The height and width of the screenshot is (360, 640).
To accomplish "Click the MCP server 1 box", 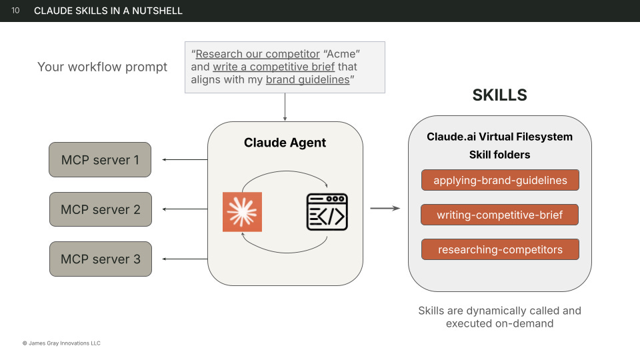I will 100,160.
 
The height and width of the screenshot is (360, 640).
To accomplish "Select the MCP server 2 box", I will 100,209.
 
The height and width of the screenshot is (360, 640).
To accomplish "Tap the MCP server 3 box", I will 100,259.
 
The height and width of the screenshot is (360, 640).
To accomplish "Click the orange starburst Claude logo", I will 242,212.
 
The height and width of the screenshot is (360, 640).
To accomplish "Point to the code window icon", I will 327,212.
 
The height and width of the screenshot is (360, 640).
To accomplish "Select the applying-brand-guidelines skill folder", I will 500,180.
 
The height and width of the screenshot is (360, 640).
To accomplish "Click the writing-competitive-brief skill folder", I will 500,215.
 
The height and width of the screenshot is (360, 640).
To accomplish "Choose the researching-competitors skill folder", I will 500,250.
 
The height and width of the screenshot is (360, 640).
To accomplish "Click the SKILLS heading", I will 499,95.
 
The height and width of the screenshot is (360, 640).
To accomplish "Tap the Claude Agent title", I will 285,143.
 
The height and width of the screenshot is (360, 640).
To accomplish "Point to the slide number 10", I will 15,11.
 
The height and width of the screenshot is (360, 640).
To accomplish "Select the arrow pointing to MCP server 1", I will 185,160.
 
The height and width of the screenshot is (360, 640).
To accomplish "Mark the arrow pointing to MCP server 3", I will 185,259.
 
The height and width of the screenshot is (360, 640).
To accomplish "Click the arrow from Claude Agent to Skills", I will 385,209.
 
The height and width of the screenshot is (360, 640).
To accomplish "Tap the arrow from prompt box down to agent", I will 285,107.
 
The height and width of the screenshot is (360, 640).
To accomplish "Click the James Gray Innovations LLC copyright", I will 61,343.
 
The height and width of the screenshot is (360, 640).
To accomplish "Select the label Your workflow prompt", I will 103,67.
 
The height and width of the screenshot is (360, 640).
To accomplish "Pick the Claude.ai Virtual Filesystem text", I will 499,137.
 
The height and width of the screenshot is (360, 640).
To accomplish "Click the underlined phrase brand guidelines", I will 307,80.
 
